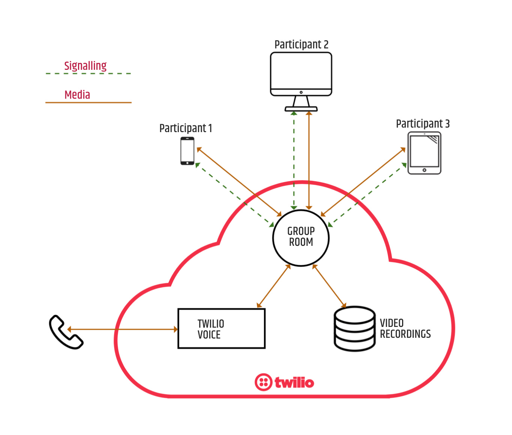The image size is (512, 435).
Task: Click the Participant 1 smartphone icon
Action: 187,151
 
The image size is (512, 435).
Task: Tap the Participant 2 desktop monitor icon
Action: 301,82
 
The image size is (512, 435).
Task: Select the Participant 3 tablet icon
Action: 424,153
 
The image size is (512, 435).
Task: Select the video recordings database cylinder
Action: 354,329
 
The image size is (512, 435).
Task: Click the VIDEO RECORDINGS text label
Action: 405,329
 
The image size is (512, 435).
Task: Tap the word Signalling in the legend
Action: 86,66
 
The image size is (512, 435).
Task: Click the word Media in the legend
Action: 77,95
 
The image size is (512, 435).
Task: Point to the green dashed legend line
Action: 89,74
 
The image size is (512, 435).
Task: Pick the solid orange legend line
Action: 89,102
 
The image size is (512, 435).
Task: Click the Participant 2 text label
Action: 302,45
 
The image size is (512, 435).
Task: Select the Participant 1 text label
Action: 186,128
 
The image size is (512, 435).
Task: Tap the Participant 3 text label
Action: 423,124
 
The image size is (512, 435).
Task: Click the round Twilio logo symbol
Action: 264,382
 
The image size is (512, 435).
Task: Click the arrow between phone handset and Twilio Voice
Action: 123,330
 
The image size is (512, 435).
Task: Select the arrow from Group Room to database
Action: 329,286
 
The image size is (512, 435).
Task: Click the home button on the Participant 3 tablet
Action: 424,170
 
